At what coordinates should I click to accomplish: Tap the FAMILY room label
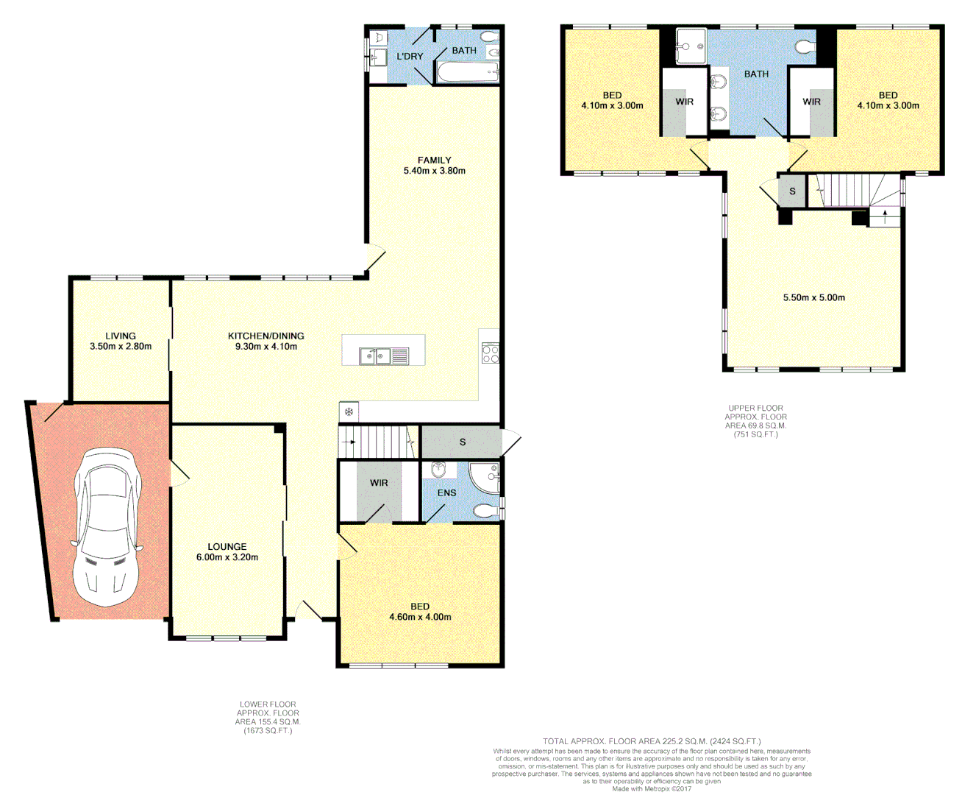point(434,160)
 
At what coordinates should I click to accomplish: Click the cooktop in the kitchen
point(490,353)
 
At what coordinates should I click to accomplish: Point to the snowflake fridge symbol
point(349,412)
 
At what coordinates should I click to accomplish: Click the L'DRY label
point(410,56)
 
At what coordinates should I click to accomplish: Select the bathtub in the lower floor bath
point(468,72)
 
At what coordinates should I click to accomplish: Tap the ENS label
point(446,492)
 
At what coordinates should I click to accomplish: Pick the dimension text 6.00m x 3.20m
point(227,557)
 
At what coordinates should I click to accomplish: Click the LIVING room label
point(121,336)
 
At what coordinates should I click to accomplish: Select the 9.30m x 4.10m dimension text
point(266,346)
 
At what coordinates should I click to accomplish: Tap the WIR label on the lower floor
point(379,483)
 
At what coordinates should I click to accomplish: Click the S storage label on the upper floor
point(792,191)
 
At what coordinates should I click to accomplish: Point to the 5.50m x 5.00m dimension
point(813,297)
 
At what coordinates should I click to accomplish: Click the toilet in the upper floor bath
point(805,48)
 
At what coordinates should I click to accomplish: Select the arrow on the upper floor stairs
point(885,215)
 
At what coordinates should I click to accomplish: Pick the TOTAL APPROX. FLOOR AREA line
point(652,741)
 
